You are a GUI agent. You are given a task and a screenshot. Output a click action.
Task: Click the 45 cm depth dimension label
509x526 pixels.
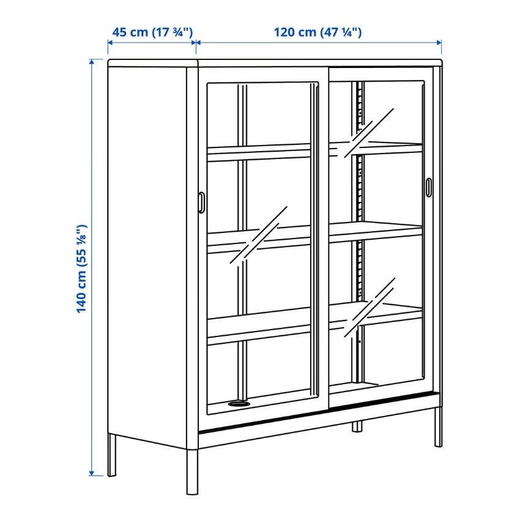(152, 32)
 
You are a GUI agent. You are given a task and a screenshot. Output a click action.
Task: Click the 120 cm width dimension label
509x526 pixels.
(318, 32)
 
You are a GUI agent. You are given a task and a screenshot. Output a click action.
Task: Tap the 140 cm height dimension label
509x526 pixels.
(81, 269)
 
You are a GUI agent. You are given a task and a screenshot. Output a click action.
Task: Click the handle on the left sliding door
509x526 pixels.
(201, 202)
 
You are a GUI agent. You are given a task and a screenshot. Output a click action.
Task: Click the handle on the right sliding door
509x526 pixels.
(429, 186)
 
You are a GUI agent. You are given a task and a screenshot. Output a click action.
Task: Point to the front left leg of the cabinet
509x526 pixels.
(192, 472)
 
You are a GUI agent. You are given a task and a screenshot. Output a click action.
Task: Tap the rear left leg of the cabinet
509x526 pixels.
(112, 455)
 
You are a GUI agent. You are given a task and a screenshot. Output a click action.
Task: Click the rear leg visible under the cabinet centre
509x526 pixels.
(357, 426)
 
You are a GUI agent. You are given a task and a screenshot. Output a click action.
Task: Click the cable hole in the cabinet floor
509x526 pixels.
(239, 404)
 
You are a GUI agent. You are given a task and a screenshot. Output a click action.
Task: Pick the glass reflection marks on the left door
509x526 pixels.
(259, 236)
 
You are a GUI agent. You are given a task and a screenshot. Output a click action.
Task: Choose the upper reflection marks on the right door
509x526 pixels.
(368, 133)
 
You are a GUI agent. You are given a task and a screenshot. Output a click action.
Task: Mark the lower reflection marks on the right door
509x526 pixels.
(370, 308)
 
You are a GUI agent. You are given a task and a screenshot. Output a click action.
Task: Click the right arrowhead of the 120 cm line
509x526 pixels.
(439, 42)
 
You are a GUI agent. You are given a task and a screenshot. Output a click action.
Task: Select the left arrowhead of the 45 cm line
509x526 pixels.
(111, 42)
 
